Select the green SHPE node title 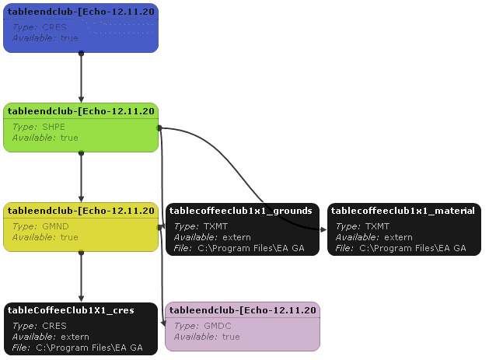point(81,111)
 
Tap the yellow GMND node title point(81,211)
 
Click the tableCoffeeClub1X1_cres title point(71,310)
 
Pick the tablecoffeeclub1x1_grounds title point(240,211)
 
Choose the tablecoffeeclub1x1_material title point(403,211)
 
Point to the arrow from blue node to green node point(81,78)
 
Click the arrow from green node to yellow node point(81,177)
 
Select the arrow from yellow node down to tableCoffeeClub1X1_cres point(81,277)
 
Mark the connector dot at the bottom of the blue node point(81,54)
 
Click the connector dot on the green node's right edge point(159,128)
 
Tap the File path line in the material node point(400,249)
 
